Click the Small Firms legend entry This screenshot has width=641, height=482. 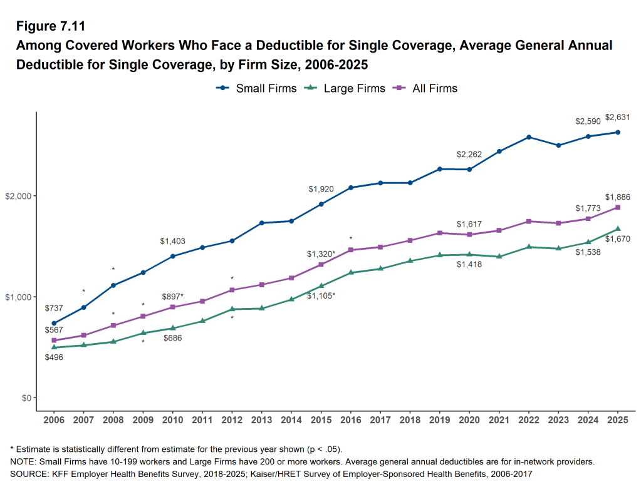(x=256, y=88)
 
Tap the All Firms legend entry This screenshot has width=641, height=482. (x=425, y=88)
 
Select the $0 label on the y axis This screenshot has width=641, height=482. (x=26, y=397)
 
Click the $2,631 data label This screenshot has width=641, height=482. (x=617, y=117)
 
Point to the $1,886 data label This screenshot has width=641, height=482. (x=617, y=197)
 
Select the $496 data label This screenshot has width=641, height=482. (x=54, y=357)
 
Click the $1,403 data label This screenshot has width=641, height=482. (x=172, y=241)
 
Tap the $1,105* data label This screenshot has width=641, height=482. (x=321, y=295)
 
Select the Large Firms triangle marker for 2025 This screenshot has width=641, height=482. (x=618, y=229)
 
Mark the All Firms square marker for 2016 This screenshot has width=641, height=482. (x=351, y=250)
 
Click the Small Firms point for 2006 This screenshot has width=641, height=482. (x=54, y=323)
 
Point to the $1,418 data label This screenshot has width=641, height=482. (x=469, y=265)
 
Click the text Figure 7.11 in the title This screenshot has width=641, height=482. (x=50, y=26)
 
